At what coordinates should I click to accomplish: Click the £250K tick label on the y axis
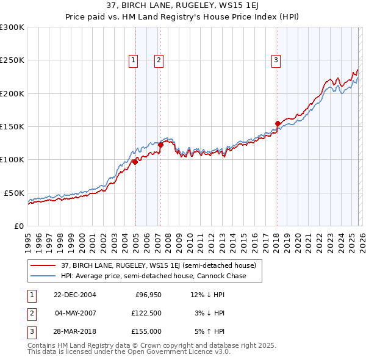point(12,60)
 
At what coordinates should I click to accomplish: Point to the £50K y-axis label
point(14,193)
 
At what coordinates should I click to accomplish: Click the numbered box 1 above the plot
point(133,60)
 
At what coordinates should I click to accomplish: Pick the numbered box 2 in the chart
point(158,60)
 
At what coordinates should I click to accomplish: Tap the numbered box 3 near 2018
point(276,60)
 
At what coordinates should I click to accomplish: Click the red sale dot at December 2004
point(135,162)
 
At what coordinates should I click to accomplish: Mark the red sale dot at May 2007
point(160,145)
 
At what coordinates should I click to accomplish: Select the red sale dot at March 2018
point(278,123)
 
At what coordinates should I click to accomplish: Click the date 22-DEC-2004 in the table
point(75,295)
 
